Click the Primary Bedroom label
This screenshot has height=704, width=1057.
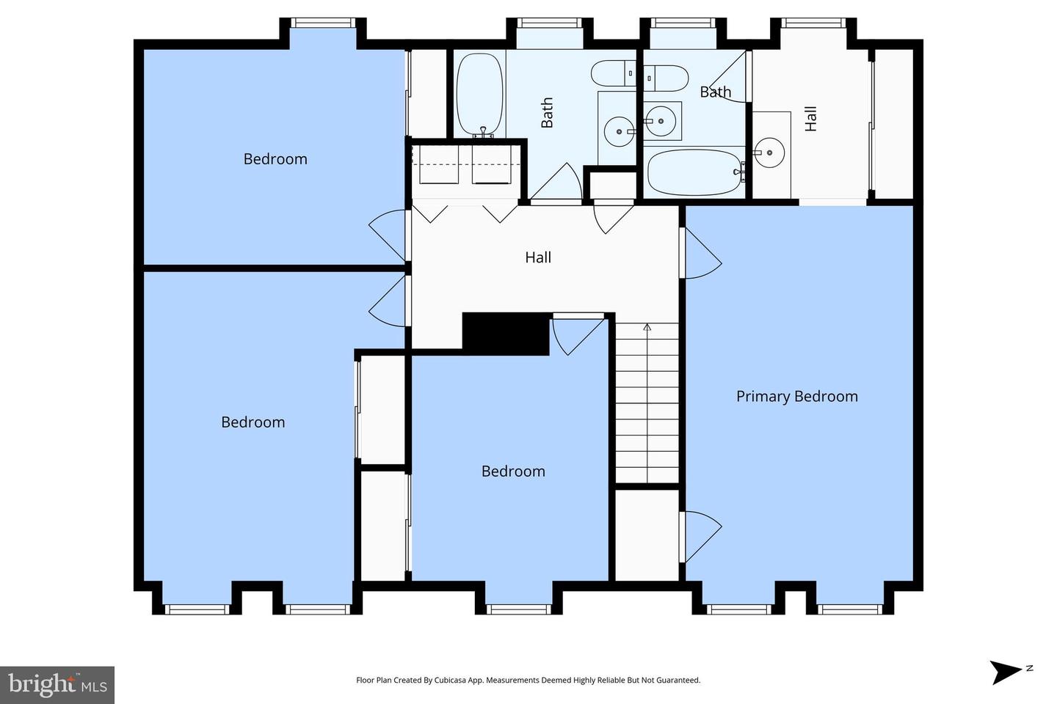point(797,397)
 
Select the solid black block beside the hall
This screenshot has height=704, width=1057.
point(506,334)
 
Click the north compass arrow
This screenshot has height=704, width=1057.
point(1005,672)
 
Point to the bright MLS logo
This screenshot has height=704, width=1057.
point(57,685)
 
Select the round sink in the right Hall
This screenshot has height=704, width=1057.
point(769,153)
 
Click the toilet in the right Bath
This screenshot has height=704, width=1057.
point(666,78)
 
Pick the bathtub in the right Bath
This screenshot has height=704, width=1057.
point(695,172)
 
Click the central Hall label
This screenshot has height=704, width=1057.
point(538,257)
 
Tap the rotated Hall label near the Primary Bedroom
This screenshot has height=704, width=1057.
point(810,118)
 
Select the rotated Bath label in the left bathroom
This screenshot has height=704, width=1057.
point(546,113)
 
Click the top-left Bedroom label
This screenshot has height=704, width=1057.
point(275,159)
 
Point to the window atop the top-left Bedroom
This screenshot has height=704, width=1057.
point(323,23)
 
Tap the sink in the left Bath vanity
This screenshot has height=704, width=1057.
point(619,132)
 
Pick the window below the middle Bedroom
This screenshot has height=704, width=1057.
point(518,609)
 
